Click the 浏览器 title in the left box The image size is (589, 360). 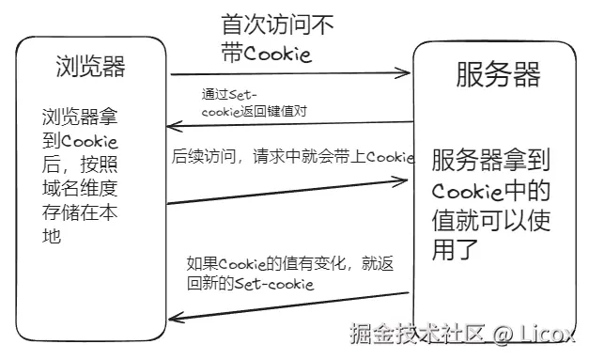pyautogui.click(x=89, y=67)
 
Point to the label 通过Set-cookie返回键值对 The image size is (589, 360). pyautogui.click(x=254, y=102)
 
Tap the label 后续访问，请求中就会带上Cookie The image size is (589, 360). pyautogui.click(x=292, y=158)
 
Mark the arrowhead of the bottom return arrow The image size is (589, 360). pyautogui.click(x=172, y=320)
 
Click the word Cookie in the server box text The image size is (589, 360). pyautogui.click(x=465, y=192)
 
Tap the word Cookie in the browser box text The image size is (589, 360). pyautogui.click(x=90, y=142)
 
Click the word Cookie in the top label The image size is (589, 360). pyautogui.click(x=277, y=54)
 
